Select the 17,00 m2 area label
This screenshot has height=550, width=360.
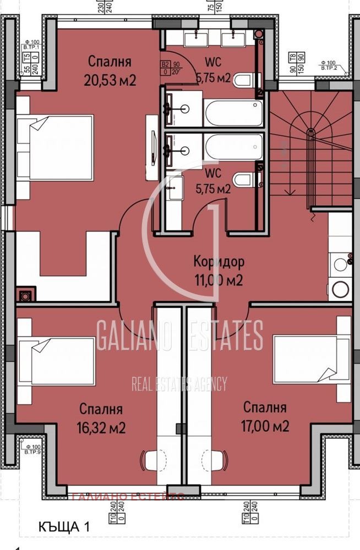click(266, 426)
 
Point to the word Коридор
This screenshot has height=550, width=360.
click(219, 261)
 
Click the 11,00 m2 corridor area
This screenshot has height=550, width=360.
click(219, 280)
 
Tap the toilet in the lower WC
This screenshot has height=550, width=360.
click(243, 180)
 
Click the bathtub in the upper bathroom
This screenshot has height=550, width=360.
click(233, 113)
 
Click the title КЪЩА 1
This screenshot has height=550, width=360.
click(65, 527)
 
